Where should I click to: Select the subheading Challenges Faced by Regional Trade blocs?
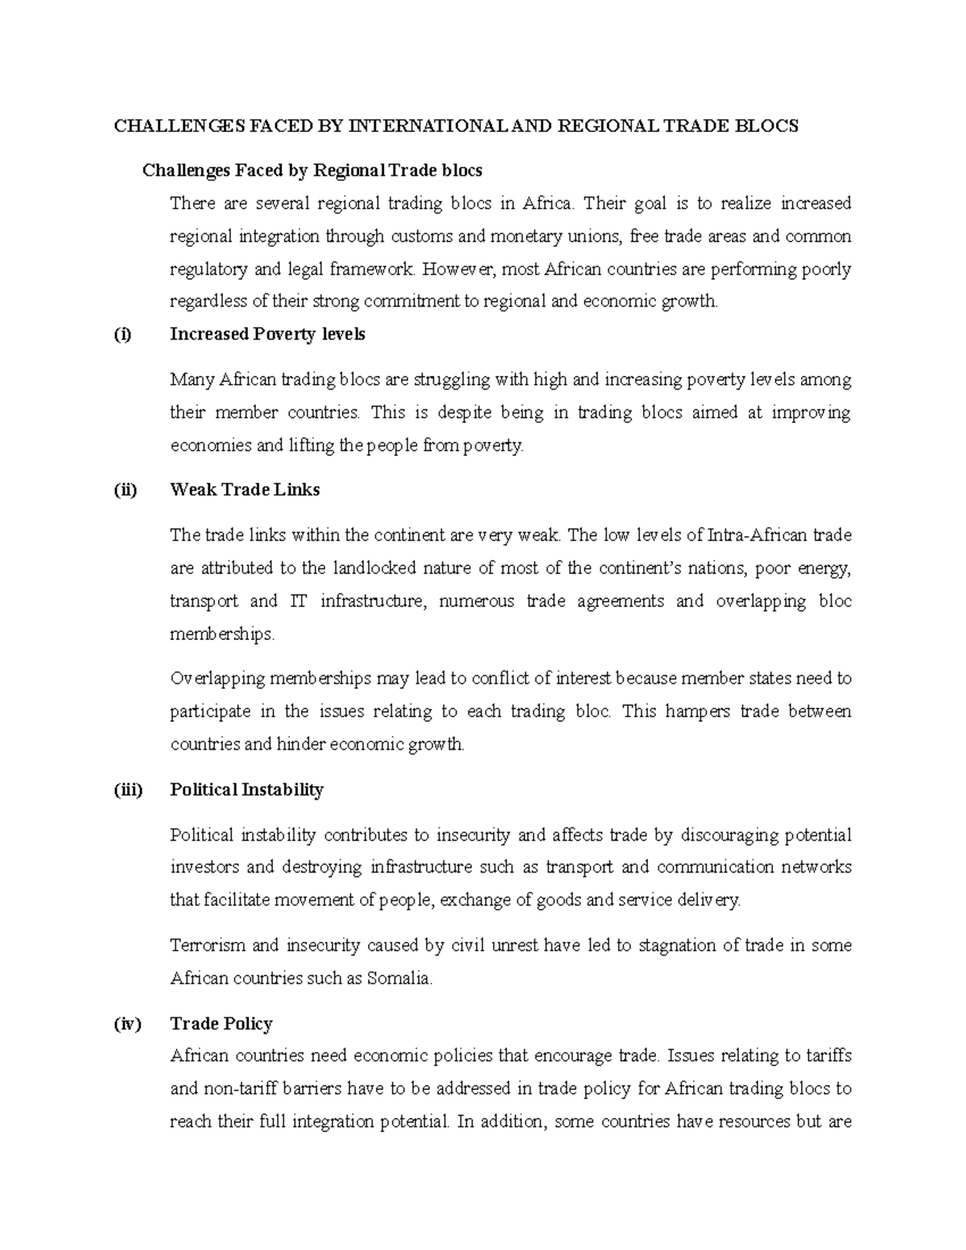click(x=312, y=171)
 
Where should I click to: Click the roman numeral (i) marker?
click(x=122, y=335)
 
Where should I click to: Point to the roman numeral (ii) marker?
click(x=125, y=490)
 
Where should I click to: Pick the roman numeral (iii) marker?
click(x=127, y=790)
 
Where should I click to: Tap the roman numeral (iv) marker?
click(x=126, y=1024)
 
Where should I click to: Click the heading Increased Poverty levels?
click(x=267, y=335)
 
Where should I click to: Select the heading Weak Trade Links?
click(x=245, y=490)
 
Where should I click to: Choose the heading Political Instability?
click(x=246, y=790)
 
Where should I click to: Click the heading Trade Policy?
click(x=221, y=1024)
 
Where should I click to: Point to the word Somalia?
click(x=399, y=979)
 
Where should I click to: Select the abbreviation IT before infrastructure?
click(x=292, y=601)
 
